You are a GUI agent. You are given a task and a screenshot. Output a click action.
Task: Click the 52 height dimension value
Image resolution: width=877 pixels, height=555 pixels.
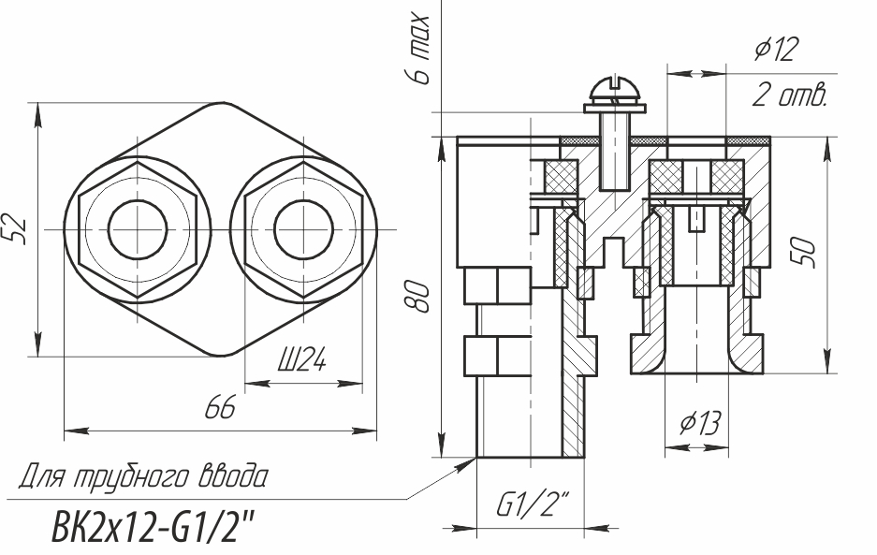pos(18,228)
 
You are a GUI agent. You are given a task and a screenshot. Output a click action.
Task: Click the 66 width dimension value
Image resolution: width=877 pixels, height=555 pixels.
pos(220,407)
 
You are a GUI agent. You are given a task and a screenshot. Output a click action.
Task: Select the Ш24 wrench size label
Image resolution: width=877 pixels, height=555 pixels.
pos(302,359)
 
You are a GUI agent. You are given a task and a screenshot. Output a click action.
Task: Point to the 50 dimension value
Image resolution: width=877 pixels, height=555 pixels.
pos(803,253)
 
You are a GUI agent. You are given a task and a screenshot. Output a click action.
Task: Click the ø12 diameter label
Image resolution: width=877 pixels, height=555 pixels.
pos(776,50)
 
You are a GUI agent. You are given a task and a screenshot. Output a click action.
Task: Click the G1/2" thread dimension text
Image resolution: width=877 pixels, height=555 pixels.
pos(533,504)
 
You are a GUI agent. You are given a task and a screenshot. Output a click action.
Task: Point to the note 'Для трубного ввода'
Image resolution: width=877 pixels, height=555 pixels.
pos(144,476)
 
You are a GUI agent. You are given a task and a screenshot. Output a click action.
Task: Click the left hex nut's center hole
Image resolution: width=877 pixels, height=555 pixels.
pos(138,229)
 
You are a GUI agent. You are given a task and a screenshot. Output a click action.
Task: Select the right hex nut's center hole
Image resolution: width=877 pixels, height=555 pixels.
pos(303,229)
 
